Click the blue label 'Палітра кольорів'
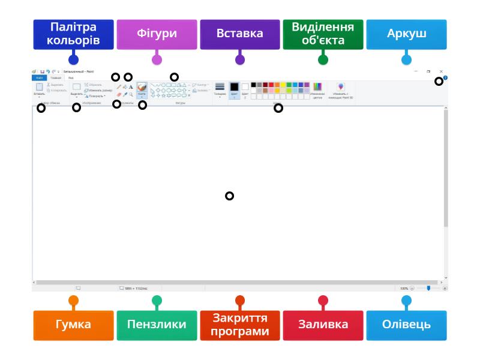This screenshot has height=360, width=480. pos(73,34)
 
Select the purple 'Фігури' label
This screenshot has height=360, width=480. pos(157,34)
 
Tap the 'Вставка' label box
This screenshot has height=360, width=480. pos(240,34)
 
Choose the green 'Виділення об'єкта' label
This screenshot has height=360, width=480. pos(323,34)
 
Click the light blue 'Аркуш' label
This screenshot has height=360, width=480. pos(406,34)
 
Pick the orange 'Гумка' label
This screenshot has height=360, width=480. pos(73,325)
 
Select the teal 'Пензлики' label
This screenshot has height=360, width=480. pos(157,325)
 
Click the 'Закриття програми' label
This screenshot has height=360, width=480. pos(240,325)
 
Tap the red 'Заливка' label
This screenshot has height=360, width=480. pos(323,325)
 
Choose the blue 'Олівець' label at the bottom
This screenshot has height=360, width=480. pos(406,325)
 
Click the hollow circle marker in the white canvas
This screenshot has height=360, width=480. pos(229,196)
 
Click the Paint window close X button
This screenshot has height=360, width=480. pos(441,71)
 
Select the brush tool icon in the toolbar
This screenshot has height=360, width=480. pos(142,88)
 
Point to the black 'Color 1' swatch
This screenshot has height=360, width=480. pos(235,87)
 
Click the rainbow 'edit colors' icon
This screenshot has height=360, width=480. pos(318,87)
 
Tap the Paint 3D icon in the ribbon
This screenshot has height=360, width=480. pos(341,87)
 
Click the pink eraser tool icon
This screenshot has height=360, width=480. pos(119,94)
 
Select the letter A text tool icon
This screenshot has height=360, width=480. pos(131,87)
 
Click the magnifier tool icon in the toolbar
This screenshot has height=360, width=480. pos(131,94)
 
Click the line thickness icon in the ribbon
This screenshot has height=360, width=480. pos(220,87)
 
